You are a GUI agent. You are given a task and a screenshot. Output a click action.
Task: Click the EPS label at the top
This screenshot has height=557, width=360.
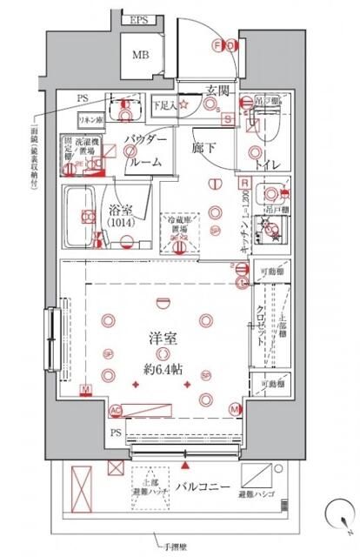139,20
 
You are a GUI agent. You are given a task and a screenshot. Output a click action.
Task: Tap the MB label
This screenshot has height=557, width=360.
140,57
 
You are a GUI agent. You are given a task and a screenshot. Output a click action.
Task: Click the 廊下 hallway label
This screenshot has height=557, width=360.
205,149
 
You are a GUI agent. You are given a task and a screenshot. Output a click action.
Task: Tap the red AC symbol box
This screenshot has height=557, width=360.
116,409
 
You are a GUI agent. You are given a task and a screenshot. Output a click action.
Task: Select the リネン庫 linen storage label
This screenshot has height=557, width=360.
90,118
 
